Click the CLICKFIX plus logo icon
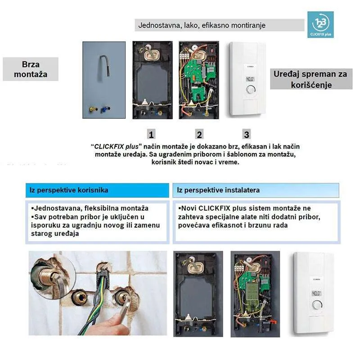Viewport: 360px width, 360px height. tap(320, 25)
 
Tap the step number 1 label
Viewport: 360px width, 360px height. tap(151, 134)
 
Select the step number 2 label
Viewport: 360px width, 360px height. tap(199, 134)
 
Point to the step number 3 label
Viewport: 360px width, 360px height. tap(247, 134)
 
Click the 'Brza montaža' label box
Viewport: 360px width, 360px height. tap(31, 69)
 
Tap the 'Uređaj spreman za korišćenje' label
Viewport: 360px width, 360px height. tap(311, 79)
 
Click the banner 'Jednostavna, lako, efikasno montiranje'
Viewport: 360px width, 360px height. tap(220, 25)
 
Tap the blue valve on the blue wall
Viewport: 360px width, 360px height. tap(106, 108)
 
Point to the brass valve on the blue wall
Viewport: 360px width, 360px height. tap(93, 109)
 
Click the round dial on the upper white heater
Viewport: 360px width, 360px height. tap(251, 90)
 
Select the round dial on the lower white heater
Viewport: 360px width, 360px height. tap(317, 305)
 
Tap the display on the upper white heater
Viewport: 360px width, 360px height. tap(250, 79)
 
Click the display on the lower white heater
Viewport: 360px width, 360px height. tap(316, 293)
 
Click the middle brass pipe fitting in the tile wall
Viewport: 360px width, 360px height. tap(80, 298)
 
